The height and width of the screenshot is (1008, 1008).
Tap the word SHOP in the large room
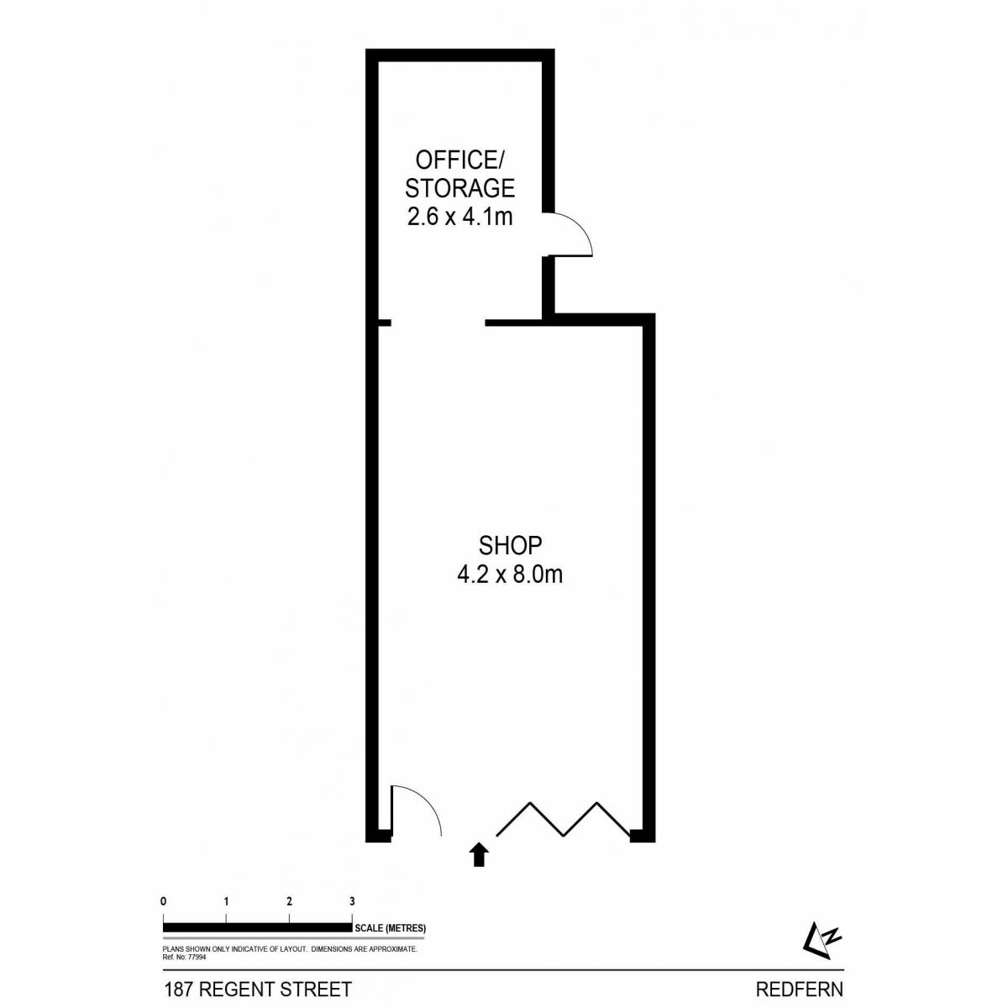click(x=510, y=546)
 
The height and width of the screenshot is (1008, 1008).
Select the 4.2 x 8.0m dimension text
click(x=510, y=575)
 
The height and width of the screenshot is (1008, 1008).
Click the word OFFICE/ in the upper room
click(x=459, y=160)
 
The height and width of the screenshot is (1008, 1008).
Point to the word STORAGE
click(x=459, y=188)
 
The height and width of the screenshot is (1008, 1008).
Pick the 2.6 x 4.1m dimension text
click(x=459, y=217)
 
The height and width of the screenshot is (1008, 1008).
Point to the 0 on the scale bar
click(x=164, y=901)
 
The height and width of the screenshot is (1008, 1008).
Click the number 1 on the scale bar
click(x=226, y=901)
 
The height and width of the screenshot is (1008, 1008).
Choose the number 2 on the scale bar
click(x=289, y=901)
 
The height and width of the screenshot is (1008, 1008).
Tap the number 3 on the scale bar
click(x=352, y=901)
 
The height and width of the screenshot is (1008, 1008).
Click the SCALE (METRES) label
click(x=391, y=928)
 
